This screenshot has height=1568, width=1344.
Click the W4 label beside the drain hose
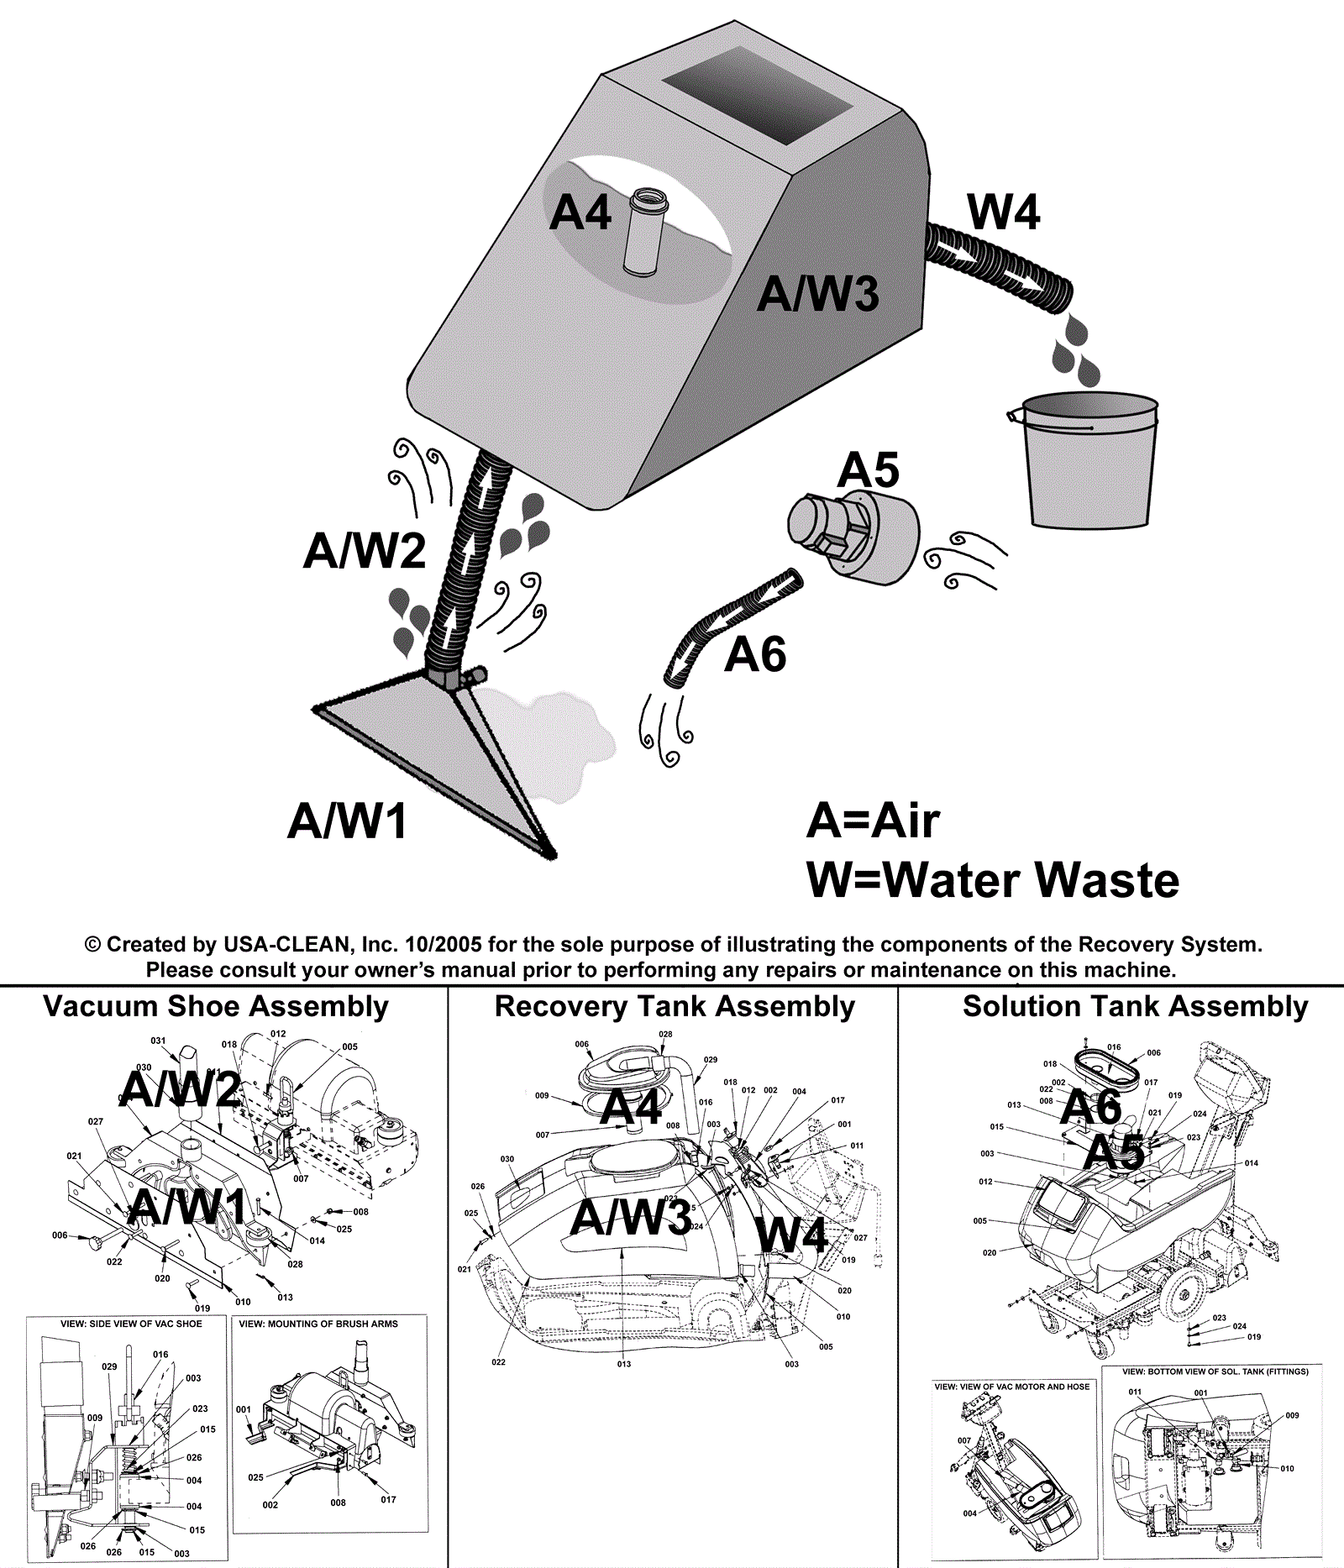[1003, 212]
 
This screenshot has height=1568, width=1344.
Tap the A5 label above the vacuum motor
[868, 470]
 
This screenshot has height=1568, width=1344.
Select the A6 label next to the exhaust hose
[755, 655]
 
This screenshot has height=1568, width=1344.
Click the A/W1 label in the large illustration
[347, 821]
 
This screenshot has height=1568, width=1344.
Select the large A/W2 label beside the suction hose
[364, 551]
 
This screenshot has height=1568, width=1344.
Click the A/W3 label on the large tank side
[817, 294]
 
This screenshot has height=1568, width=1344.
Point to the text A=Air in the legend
[872, 821]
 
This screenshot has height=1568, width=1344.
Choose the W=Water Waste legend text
[992, 880]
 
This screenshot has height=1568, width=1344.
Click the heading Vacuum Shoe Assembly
[216, 1006]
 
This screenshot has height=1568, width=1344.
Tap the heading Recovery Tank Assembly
[675, 1006]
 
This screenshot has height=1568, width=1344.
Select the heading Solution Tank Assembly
[1135, 1006]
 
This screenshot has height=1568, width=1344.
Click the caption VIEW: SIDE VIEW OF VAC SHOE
[131, 1324]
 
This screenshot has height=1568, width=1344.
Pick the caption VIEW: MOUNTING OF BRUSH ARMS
[318, 1324]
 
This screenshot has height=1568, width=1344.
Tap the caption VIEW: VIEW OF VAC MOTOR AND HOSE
[1011, 1387]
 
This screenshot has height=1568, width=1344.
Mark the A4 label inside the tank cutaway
[580, 212]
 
